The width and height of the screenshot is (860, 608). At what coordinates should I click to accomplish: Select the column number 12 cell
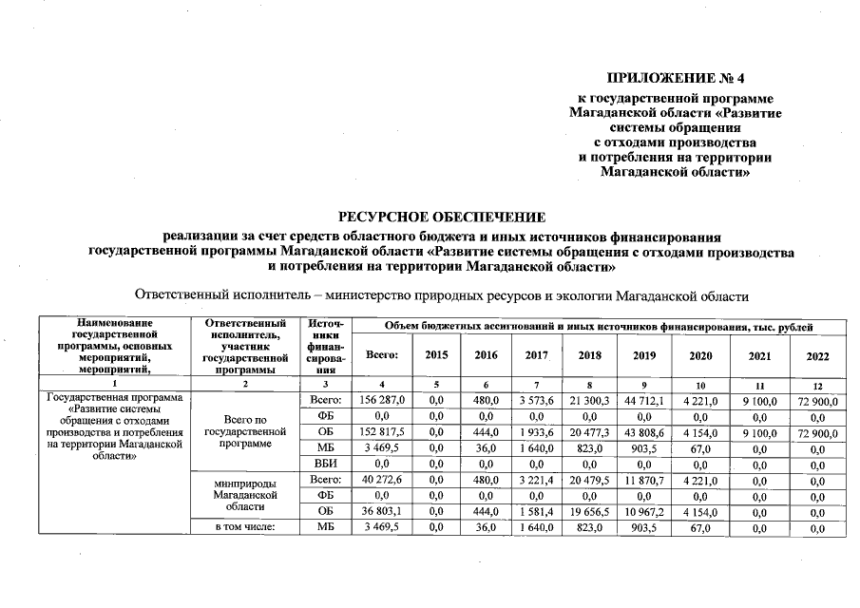click(816, 385)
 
